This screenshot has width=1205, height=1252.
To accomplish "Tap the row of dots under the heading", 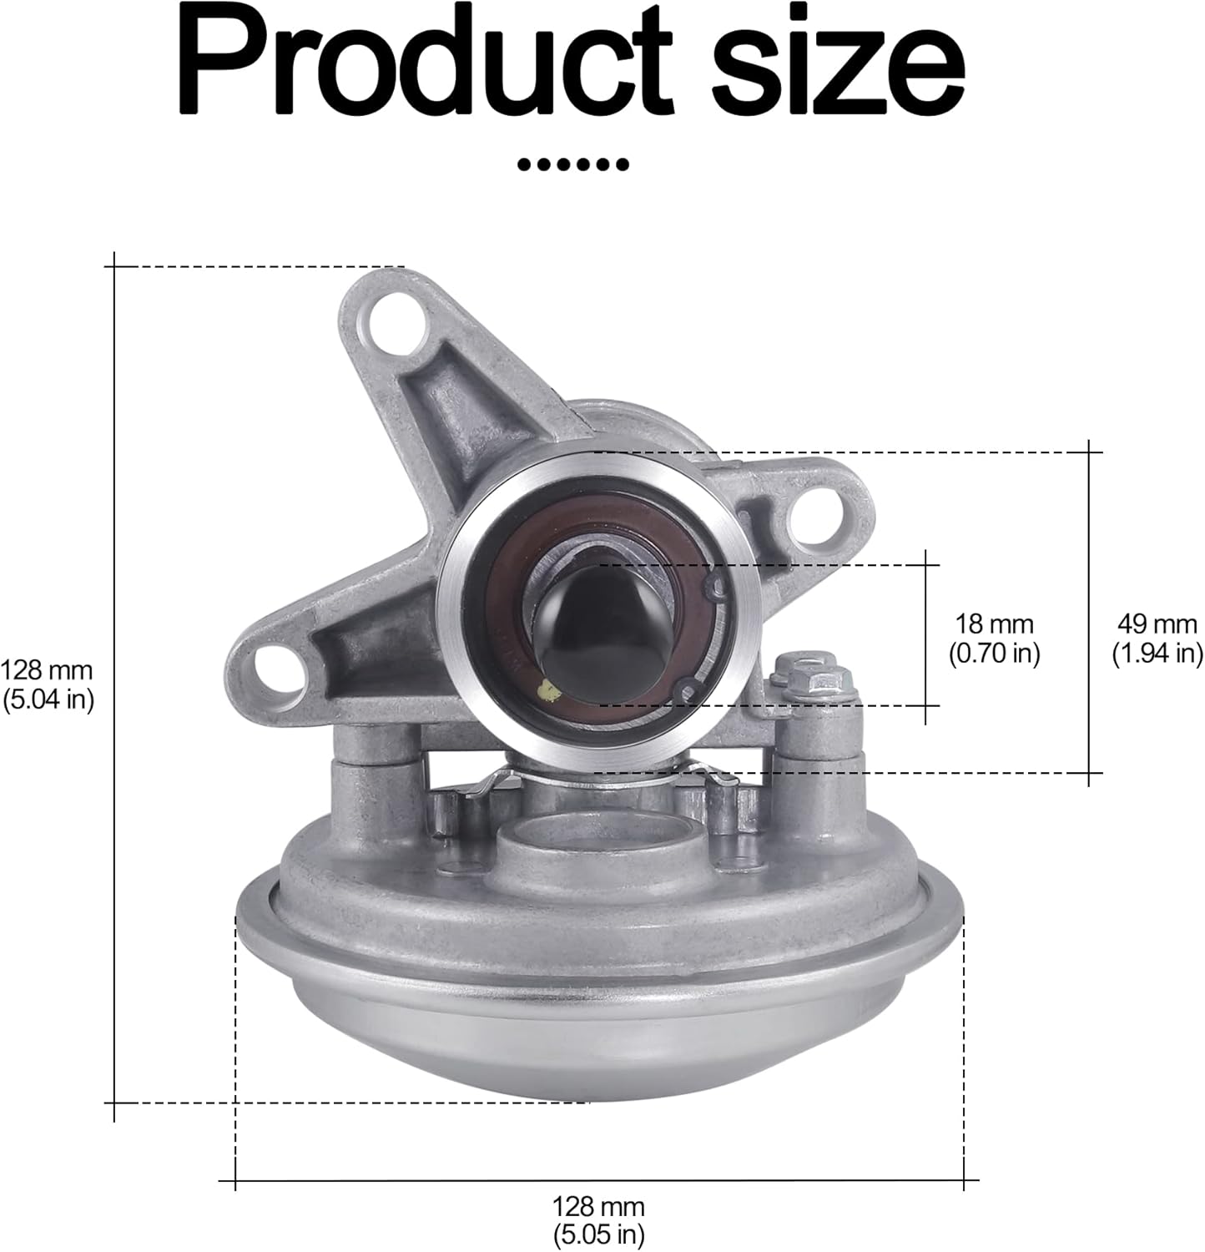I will point(572,164).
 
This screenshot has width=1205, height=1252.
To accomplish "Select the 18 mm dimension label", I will point(994,623).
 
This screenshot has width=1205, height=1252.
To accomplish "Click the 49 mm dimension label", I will point(1157,623).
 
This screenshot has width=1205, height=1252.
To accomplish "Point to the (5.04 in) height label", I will point(47,699).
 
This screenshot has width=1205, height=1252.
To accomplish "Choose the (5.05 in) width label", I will point(598,1233).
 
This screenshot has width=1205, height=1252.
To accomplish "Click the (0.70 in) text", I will point(994,653).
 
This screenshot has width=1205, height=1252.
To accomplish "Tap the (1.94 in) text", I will point(1157,653).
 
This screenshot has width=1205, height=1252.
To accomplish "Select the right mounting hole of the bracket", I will point(819,511).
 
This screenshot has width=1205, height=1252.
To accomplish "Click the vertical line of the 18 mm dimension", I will point(925,634).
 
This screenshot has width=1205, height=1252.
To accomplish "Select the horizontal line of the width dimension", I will point(598,1180).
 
